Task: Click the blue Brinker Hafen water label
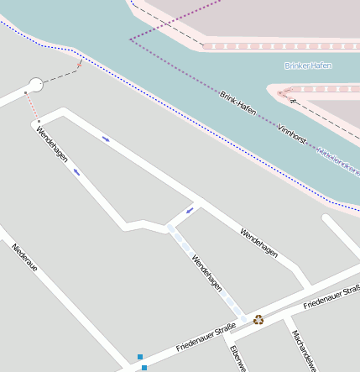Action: (x=308, y=65)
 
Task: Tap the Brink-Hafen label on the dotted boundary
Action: (x=237, y=103)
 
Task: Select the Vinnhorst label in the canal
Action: (x=292, y=136)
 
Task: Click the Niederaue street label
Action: (x=24, y=258)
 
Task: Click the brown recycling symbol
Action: (x=258, y=319)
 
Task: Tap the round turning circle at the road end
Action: (x=35, y=84)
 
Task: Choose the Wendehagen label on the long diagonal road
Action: (x=258, y=244)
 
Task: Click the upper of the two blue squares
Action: (x=138, y=357)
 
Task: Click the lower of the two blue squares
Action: (x=144, y=368)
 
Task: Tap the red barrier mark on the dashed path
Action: (x=80, y=63)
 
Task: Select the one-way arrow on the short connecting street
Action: (x=190, y=210)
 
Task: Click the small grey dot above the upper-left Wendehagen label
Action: (x=39, y=122)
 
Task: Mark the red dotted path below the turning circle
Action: (x=31, y=106)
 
